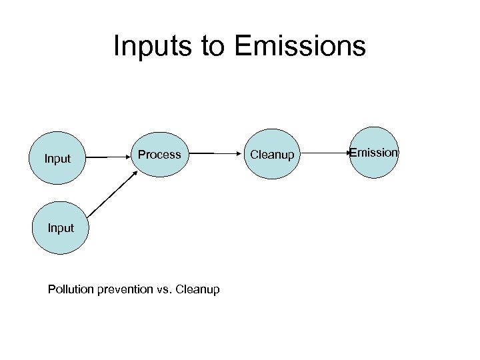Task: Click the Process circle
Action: pyautogui.click(x=159, y=154)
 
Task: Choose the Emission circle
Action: pyautogui.click(x=374, y=153)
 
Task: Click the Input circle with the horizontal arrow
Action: pyautogui.click(x=58, y=158)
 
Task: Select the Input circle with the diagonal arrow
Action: pyautogui.click(x=61, y=228)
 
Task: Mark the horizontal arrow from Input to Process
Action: pyautogui.click(x=107, y=157)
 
